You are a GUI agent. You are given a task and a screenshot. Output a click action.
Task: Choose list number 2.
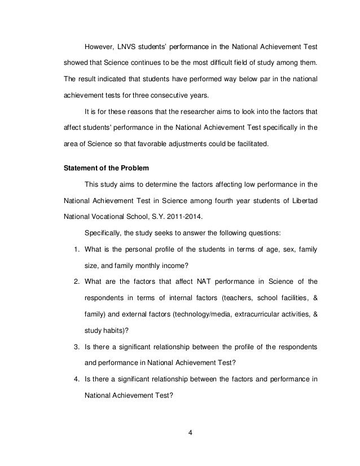[76, 280]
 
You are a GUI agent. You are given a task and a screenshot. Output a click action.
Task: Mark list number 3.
[76, 345]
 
